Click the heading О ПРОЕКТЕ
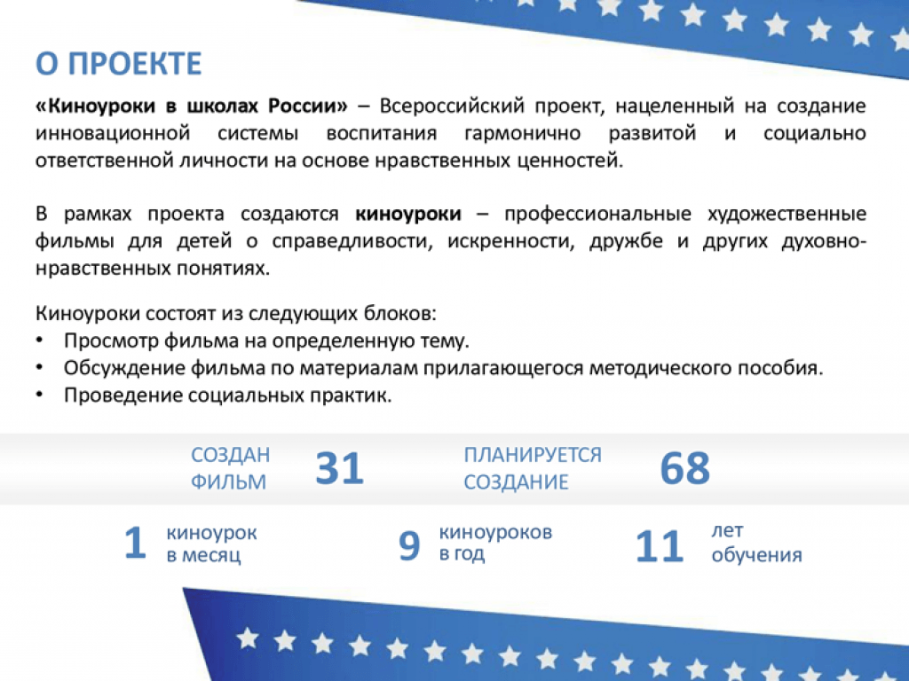(x=119, y=64)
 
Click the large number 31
(x=339, y=468)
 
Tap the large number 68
(x=684, y=468)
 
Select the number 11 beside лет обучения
(x=660, y=546)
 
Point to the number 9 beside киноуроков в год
(x=408, y=546)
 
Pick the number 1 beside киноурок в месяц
(x=135, y=543)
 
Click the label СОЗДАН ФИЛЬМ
(x=230, y=468)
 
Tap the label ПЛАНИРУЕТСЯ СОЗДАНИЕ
(x=533, y=468)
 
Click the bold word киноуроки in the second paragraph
(x=408, y=214)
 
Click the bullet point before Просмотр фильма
(x=39, y=340)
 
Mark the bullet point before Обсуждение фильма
(x=39, y=367)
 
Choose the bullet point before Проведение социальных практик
(x=39, y=395)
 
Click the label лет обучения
(x=756, y=543)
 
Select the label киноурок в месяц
(x=211, y=544)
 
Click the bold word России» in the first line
(x=307, y=106)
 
